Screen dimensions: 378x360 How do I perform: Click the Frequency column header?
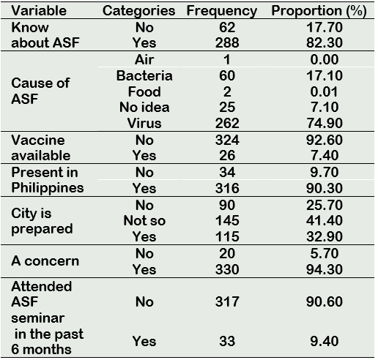click(222, 11)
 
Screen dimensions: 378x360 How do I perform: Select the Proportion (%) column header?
click(319, 11)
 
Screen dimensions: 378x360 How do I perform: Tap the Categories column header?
click(138, 11)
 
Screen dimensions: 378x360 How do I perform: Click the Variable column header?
click(39, 11)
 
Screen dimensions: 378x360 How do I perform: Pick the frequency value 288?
click(227, 42)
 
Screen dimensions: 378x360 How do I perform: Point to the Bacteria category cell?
click(144, 75)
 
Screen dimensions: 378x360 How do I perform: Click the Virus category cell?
click(144, 123)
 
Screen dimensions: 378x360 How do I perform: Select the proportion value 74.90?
click(325, 123)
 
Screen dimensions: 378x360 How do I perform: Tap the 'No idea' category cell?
click(144, 107)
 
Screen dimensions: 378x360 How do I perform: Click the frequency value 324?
click(227, 140)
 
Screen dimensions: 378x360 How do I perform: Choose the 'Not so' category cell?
click(144, 220)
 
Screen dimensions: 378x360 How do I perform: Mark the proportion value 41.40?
click(325, 220)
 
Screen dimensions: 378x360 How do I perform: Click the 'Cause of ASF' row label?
click(40, 91)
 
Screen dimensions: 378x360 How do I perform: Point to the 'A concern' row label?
click(45, 260)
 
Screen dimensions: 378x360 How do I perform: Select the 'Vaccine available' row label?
click(41, 148)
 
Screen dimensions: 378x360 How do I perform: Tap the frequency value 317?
click(227, 301)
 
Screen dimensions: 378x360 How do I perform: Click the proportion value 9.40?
click(325, 341)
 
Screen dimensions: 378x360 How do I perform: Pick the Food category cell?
click(144, 91)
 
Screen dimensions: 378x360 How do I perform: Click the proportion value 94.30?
click(325, 269)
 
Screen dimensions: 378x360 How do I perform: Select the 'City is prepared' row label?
click(42, 221)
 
